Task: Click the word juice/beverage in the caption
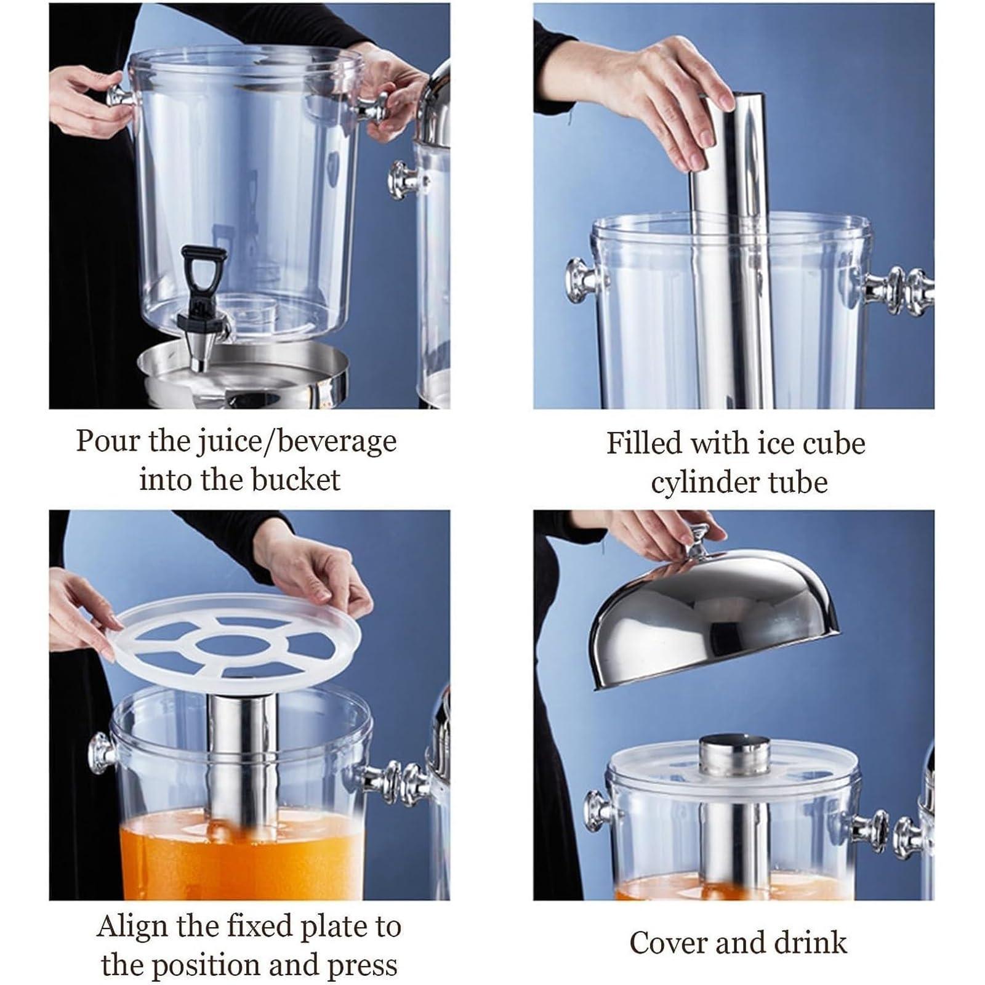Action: (296, 442)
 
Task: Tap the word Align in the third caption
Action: (132, 926)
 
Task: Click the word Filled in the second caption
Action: (644, 443)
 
